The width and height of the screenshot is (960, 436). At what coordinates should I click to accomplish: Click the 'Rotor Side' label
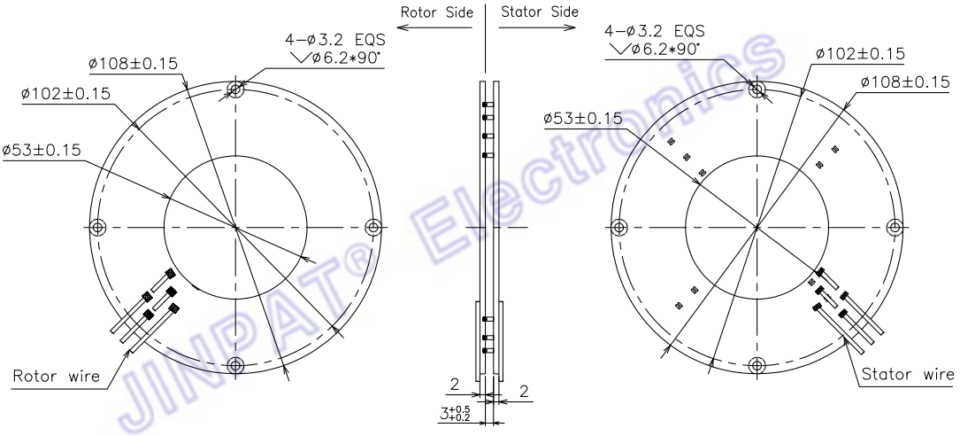[436, 12]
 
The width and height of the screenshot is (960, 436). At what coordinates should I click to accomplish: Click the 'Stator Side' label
[539, 12]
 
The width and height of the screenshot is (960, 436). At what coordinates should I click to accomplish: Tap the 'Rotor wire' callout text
[57, 375]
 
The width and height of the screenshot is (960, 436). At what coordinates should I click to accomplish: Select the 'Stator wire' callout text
[908, 374]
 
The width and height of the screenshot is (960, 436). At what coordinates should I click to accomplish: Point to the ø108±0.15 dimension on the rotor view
[133, 63]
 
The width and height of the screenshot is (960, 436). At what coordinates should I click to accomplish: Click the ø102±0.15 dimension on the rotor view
[65, 94]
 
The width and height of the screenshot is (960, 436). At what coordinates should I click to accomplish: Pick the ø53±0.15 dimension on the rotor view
[41, 151]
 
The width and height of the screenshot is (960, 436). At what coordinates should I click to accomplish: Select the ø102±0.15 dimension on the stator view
[860, 54]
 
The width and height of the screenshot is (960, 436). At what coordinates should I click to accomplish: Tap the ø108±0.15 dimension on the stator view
[904, 82]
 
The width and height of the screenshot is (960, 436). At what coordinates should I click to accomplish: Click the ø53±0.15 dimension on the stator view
[582, 119]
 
